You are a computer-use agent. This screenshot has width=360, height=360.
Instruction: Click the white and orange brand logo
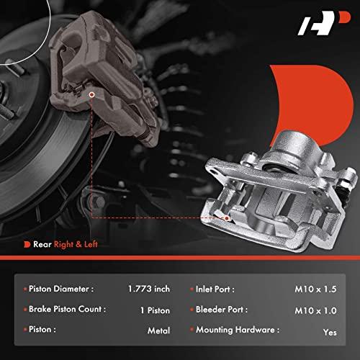tap(324, 23)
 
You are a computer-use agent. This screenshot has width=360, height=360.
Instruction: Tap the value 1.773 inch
tap(149, 289)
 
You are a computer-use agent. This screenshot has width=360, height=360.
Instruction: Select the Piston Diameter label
tap(61, 289)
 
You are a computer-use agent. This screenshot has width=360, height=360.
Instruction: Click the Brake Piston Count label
tap(67, 309)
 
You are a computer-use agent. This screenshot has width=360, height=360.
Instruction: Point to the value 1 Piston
tap(155, 310)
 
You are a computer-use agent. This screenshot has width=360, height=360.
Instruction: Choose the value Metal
tap(158, 330)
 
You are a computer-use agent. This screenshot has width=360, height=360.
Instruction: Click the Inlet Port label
tap(215, 289)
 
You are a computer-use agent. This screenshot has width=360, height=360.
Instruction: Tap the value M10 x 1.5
tap(315, 289)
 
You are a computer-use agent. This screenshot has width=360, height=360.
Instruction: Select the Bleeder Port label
tap(222, 310)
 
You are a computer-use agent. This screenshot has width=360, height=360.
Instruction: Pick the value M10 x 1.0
tap(315, 311)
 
